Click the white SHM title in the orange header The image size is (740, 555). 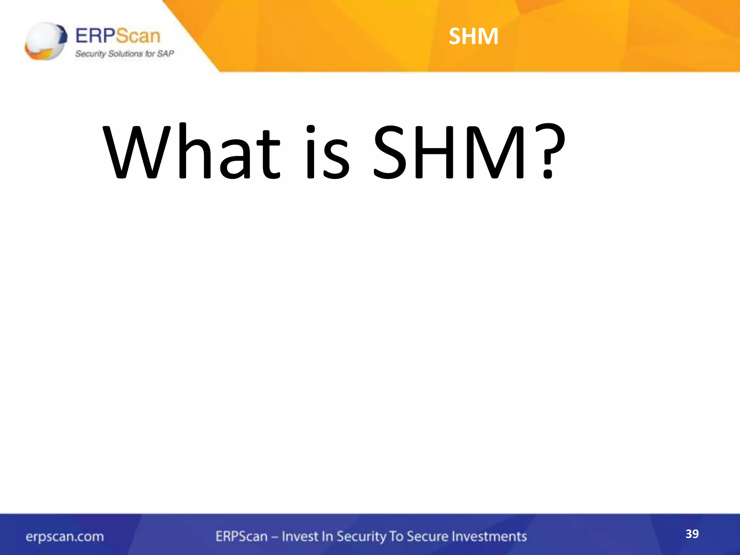tap(473, 36)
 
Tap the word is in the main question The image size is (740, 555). tap(327, 152)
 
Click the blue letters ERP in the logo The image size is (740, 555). tap(95, 36)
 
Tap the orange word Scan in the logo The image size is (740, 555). tap(138, 36)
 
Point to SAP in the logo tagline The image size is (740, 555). tap(165, 54)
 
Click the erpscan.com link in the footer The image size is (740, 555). tap(65, 537)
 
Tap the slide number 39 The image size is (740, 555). tap(692, 534)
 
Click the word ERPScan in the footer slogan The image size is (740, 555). tap(241, 536)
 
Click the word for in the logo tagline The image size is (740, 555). tap(150, 54)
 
